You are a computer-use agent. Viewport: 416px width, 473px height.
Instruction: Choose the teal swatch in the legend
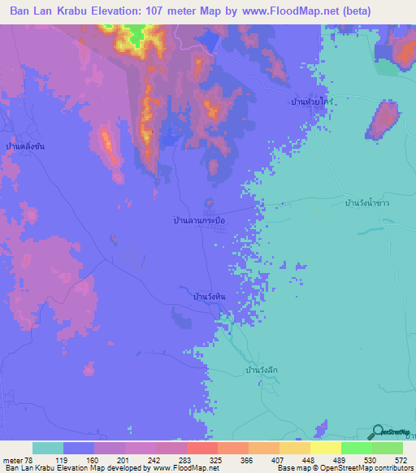coord(48,448)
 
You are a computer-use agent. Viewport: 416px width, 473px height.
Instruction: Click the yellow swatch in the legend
coord(325,448)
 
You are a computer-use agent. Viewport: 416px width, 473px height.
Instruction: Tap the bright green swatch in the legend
coord(356,448)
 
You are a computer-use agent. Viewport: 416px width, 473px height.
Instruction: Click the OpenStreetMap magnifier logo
coord(379,432)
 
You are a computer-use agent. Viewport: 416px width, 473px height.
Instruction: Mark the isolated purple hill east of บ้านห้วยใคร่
coord(383,119)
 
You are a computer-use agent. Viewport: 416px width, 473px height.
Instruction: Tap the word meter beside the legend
coord(11,459)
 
